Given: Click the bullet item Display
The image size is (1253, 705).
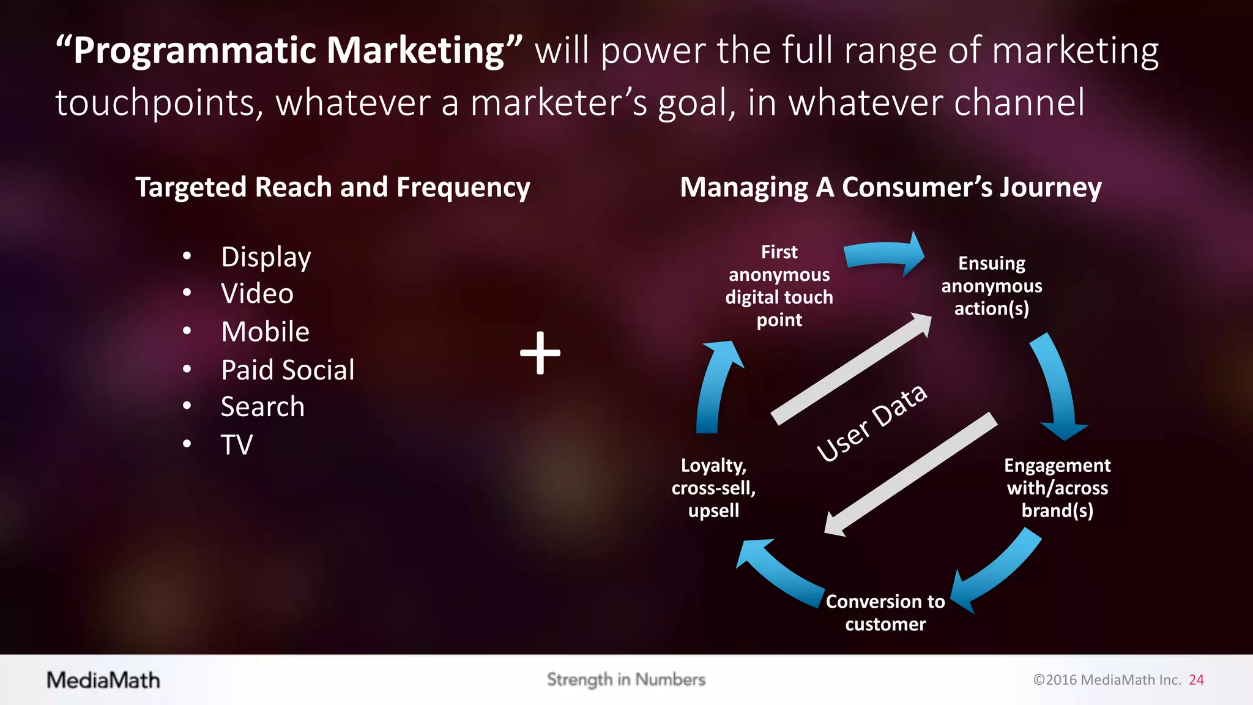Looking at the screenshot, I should click(x=266, y=257).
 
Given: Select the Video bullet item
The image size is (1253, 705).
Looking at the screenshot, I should click(x=257, y=294).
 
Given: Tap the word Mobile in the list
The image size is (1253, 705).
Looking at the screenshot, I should click(x=265, y=332).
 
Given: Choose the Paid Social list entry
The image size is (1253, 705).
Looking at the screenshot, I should click(x=288, y=370).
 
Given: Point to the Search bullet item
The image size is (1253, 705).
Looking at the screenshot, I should click(x=262, y=407).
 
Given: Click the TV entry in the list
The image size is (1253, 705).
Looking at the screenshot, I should click(x=237, y=445).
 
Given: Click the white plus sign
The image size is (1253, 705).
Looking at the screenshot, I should click(x=540, y=353).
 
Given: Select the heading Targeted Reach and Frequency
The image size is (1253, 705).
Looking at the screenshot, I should click(x=332, y=187).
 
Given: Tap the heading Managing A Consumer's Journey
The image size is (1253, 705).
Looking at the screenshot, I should click(x=891, y=187).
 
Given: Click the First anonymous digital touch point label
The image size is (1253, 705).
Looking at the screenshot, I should click(x=779, y=286).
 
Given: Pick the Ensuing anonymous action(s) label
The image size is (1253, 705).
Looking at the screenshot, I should click(x=991, y=286).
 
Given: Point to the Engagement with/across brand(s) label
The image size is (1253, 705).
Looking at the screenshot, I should click(x=1057, y=488).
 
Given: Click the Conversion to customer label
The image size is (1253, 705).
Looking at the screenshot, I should click(x=885, y=613).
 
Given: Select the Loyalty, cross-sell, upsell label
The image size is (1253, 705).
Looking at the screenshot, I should click(x=713, y=488).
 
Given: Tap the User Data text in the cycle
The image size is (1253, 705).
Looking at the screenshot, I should click(x=872, y=423).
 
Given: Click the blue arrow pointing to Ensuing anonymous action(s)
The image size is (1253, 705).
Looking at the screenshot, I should click(x=884, y=253).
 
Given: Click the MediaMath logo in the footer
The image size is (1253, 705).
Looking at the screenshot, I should click(x=103, y=680).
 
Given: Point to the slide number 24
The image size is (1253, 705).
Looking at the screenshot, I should click(x=1196, y=680).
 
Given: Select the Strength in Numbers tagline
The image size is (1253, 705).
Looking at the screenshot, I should click(x=626, y=679).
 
